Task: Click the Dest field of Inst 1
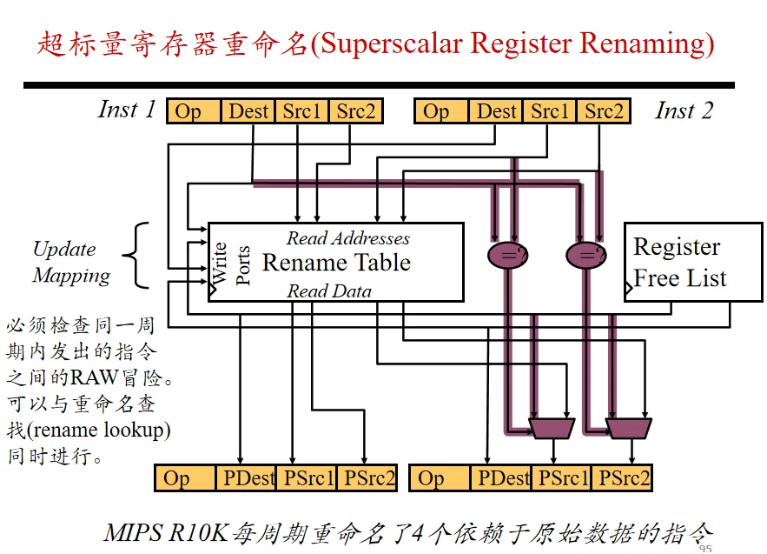(x=248, y=111)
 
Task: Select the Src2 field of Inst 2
(x=604, y=111)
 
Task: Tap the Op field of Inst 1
(x=195, y=111)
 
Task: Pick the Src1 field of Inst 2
(x=550, y=111)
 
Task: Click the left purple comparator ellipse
(x=508, y=255)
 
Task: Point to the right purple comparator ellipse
(x=586, y=255)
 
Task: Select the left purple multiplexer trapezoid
(x=552, y=428)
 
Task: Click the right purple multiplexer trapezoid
(x=629, y=428)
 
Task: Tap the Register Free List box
(x=693, y=262)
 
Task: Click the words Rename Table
(x=336, y=263)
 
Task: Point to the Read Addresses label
(x=348, y=238)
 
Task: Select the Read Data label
(x=329, y=291)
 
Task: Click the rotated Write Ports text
(x=231, y=264)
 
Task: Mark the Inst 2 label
(x=684, y=110)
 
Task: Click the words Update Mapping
(x=71, y=262)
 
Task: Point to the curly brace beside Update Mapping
(x=136, y=255)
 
